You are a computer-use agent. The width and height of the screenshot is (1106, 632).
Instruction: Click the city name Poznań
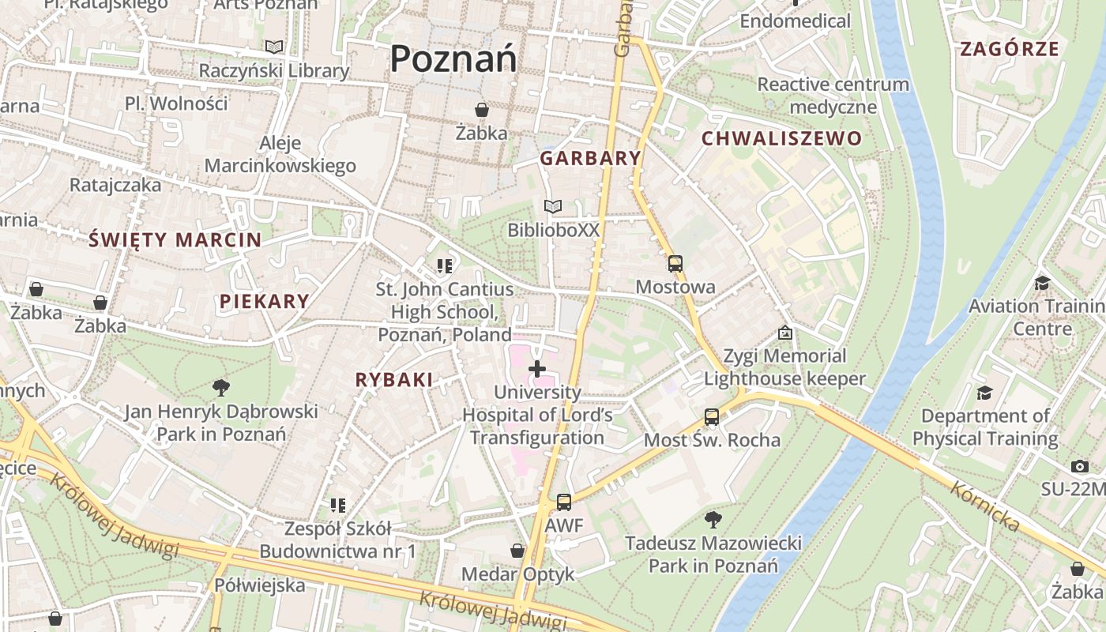click(x=453, y=59)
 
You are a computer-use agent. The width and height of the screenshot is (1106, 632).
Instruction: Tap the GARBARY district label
click(x=590, y=158)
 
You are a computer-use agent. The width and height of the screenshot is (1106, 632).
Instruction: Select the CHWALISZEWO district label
click(x=781, y=139)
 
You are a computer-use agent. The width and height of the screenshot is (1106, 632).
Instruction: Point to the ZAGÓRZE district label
click(x=1009, y=49)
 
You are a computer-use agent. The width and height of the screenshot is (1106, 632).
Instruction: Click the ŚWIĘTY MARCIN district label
click(x=175, y=239)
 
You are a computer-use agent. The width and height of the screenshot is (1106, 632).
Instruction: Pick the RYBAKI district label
click(x=394, y=380)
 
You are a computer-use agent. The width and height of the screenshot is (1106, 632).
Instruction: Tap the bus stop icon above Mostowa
click(x=675, y=264)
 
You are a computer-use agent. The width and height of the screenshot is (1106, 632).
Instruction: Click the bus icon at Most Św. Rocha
click(x=712, y=417)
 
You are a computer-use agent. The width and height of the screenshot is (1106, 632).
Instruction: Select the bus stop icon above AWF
click(x=564, y=502)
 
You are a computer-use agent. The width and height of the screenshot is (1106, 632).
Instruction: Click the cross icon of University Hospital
click(x=537, y=369)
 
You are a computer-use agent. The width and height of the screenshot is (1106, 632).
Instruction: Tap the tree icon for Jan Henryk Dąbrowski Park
click(x=221, y=388)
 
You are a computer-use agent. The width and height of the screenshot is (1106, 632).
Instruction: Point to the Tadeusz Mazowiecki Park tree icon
click(x=713, y=520)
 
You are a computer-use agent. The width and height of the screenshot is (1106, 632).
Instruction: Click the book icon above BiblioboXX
click(x=553, y=207)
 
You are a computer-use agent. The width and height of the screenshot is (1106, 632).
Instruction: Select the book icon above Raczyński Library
click(x=273, y=47)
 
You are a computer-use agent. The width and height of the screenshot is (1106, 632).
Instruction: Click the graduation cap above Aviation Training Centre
click(x=1042, y=283)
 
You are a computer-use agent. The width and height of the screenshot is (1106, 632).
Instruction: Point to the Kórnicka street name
click(x=985, y=506)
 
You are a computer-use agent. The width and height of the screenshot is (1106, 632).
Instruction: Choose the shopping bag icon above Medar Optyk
click(x=517, y=551)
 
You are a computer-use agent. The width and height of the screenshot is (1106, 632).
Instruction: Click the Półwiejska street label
click(x=260, y=585)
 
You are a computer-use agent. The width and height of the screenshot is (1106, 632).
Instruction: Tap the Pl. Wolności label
click(x=176, y=103)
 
